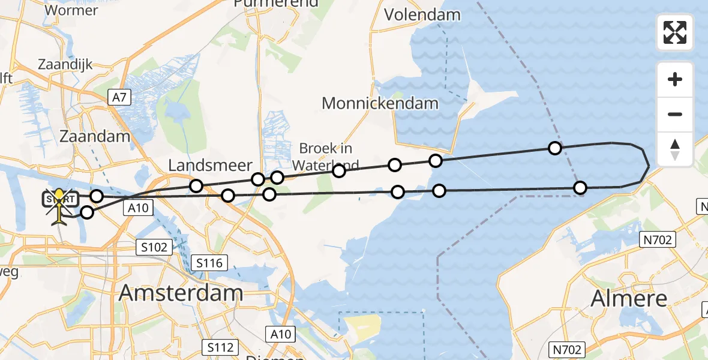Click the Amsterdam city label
coord(181,293)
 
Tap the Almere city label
coord(629,298)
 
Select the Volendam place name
coord(422,15)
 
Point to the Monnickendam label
coord(380,103)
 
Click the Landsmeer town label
coord(210,165)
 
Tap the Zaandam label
coord(95,136)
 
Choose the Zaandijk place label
coord(65,64)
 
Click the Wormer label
coord(71,10)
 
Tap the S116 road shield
coord(209,262)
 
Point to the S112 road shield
coord(220,347)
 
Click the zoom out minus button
coord(675,115)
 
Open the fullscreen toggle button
coord(675,32)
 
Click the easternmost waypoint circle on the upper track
coord(555,148)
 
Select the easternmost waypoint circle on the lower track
coord(580,188)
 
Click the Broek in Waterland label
coord(326,157)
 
